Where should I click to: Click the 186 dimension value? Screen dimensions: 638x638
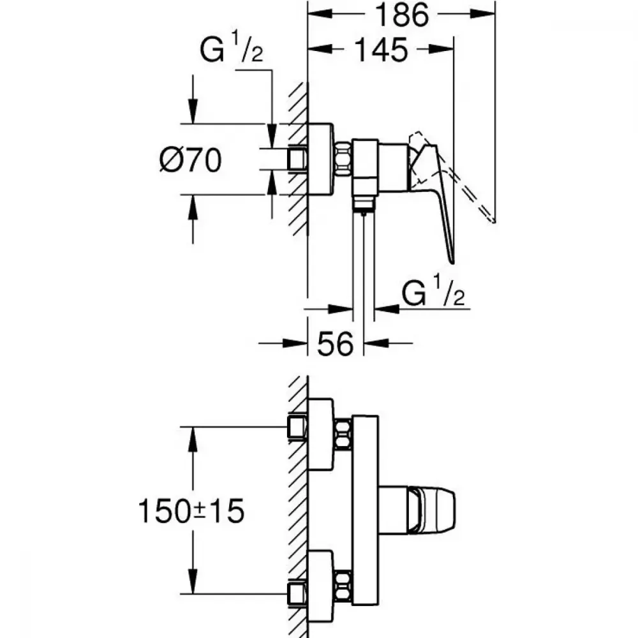pos(401,15)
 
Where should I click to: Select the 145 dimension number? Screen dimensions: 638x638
pos(382,50)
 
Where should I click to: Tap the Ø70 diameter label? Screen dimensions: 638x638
pos(190,159)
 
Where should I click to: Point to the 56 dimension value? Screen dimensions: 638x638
pos(336,344)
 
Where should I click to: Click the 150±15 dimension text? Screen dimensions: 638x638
pos(191,511)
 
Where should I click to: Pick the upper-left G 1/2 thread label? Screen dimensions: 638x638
pos(231,48)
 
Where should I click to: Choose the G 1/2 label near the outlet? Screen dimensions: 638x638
pos(433,290)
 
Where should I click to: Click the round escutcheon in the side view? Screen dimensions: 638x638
pos(321,159)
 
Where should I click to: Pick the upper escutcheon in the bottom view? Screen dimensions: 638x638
pos(321,434)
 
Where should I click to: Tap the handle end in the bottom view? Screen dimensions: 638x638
pos(431,510)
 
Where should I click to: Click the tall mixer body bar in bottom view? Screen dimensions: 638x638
pos(366,510)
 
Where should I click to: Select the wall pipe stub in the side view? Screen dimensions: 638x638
pos(297,159)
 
